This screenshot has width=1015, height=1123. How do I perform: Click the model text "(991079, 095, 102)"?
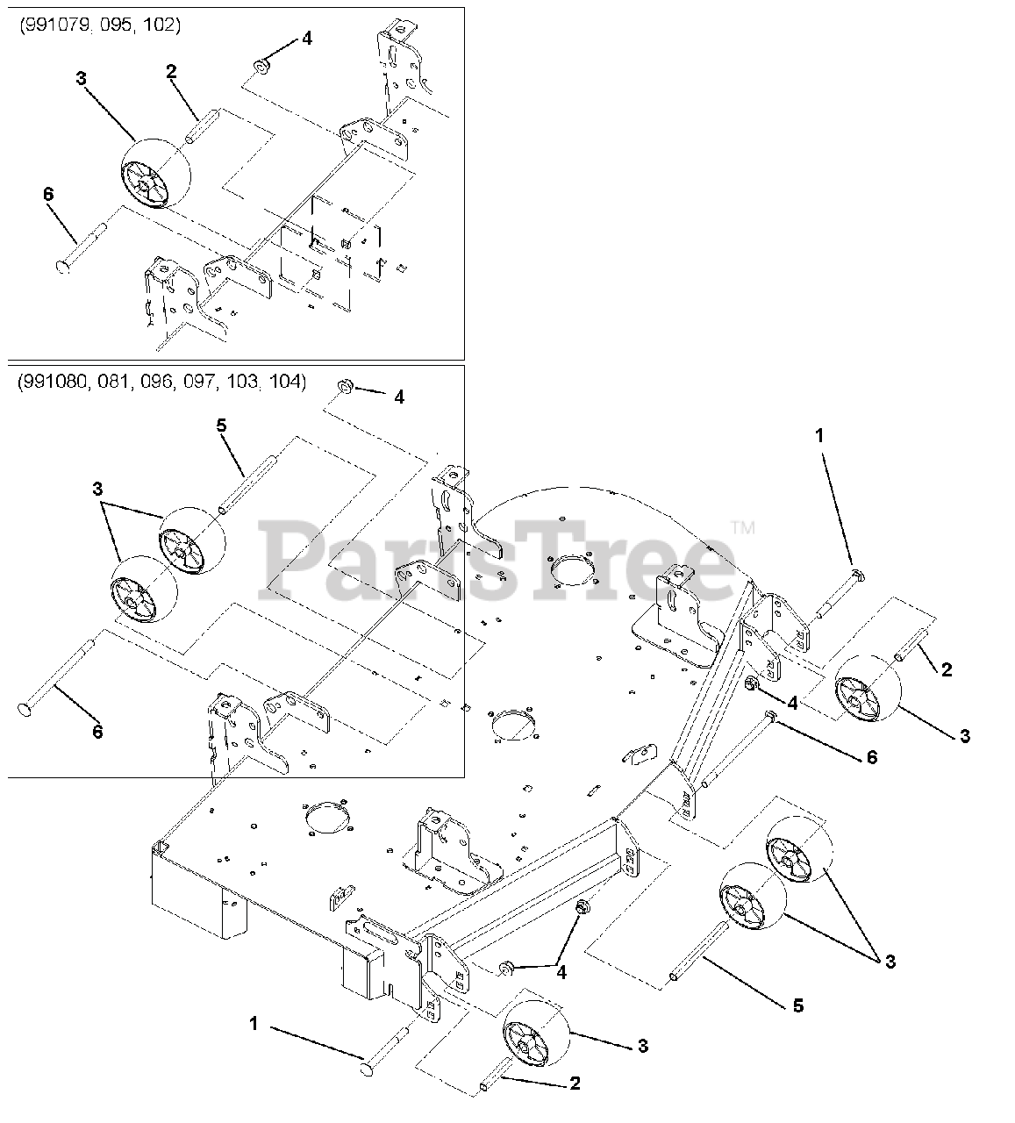tap(100, 25)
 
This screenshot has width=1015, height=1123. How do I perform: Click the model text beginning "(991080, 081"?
tap(162, 382)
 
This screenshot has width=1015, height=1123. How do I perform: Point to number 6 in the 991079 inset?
tap(48, 194)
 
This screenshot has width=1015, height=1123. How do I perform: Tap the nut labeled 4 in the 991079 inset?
tap(261, 67)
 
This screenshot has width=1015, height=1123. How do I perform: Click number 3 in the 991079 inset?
tap(82, 79)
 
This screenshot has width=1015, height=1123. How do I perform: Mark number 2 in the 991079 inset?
tap(171, 72)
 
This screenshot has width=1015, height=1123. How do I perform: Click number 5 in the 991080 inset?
tap(221, 426)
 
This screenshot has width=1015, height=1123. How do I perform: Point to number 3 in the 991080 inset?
tap(97, 490)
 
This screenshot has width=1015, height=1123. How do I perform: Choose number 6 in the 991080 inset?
tap(97, 732)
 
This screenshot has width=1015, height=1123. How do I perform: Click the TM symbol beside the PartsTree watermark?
tap(743, 528)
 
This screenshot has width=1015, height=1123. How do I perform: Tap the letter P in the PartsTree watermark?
tap(293, 561)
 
